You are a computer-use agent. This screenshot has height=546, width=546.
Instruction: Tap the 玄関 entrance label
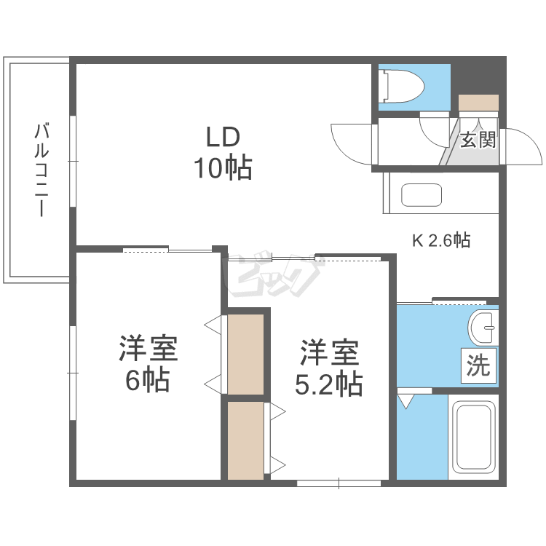(x=478, y=140)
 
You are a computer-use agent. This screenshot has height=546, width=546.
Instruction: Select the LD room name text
(x=222, y=137)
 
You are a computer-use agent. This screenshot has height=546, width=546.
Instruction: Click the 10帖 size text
(x=222, y=169)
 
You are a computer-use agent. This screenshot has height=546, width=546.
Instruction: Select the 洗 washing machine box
(x=478, y=365)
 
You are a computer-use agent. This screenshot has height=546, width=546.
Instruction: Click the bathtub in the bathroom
(x=473, y=438)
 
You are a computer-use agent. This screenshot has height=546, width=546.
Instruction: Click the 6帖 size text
(x=148, y=380)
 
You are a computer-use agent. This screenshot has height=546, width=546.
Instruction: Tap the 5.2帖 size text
(x=328, y=384)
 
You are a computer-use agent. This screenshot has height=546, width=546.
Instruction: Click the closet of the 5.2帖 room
(x=246, y=440)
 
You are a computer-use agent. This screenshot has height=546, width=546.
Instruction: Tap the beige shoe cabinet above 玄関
(x=478, y=103)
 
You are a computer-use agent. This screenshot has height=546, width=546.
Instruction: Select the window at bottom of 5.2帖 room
(x=339, y=483)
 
